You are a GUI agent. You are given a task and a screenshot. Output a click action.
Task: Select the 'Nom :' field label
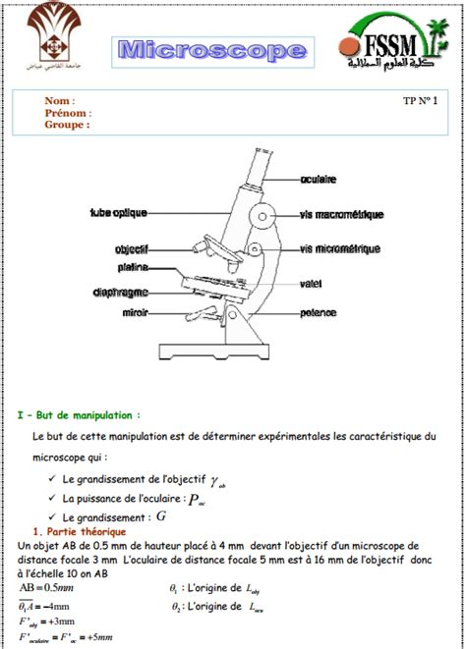[x=59, y=100]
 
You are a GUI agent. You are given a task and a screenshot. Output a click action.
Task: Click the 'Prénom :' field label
[x=67, y=113]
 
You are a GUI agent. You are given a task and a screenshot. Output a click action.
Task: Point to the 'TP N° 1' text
[x=422, y=100]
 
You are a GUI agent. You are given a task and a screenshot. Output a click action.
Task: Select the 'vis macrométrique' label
[x=341, y=214]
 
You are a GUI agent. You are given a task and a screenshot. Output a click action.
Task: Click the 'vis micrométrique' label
[x=340, y=249]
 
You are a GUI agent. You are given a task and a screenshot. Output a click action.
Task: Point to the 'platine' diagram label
[x=134, y=266]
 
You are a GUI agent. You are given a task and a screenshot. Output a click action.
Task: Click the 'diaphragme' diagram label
[x=122, y=291]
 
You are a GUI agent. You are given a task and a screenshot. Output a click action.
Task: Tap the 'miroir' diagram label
[x=135, y=313]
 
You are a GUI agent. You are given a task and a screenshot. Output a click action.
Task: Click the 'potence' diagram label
[x=319, y=313]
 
